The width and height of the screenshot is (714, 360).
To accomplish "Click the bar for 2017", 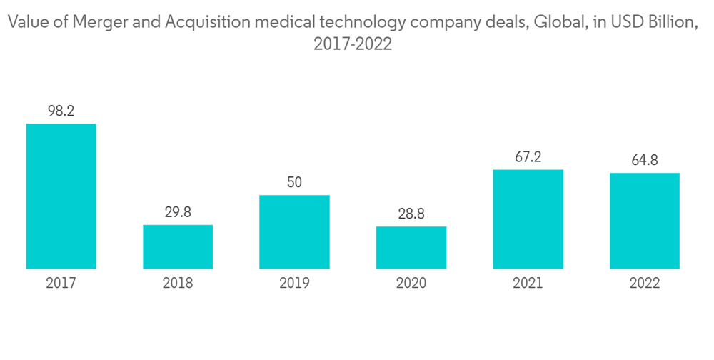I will [x=61, y=196].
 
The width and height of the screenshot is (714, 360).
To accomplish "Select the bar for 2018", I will [x=178, y=246].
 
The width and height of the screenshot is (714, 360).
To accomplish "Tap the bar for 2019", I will [x=294, y=231].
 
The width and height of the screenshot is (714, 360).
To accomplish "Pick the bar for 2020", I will [x=411, y=247].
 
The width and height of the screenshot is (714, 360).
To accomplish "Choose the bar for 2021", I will [x=528, y=219].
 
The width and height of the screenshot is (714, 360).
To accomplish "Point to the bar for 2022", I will [x=644, y=221].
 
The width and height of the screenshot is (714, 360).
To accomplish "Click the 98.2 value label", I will [x=61, y=111].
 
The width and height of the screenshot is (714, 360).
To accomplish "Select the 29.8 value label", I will [x=178, y=212].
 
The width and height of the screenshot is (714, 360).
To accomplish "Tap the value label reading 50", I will [x=294, y=182].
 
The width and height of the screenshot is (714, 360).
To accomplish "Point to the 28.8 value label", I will [x=411, y=214].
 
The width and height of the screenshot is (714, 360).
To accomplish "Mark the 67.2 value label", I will [x=528, y=157].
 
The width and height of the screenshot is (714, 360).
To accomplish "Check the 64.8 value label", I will [x=644, y=160].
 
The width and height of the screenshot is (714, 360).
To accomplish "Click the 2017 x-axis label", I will [x=61, y=284].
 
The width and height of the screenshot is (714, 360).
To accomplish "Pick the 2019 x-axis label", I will [x=294, y=284].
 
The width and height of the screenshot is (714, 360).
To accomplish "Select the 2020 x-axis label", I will [x=411, y=284].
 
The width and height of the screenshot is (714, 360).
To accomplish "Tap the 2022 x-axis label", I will [x=644, y=284].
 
